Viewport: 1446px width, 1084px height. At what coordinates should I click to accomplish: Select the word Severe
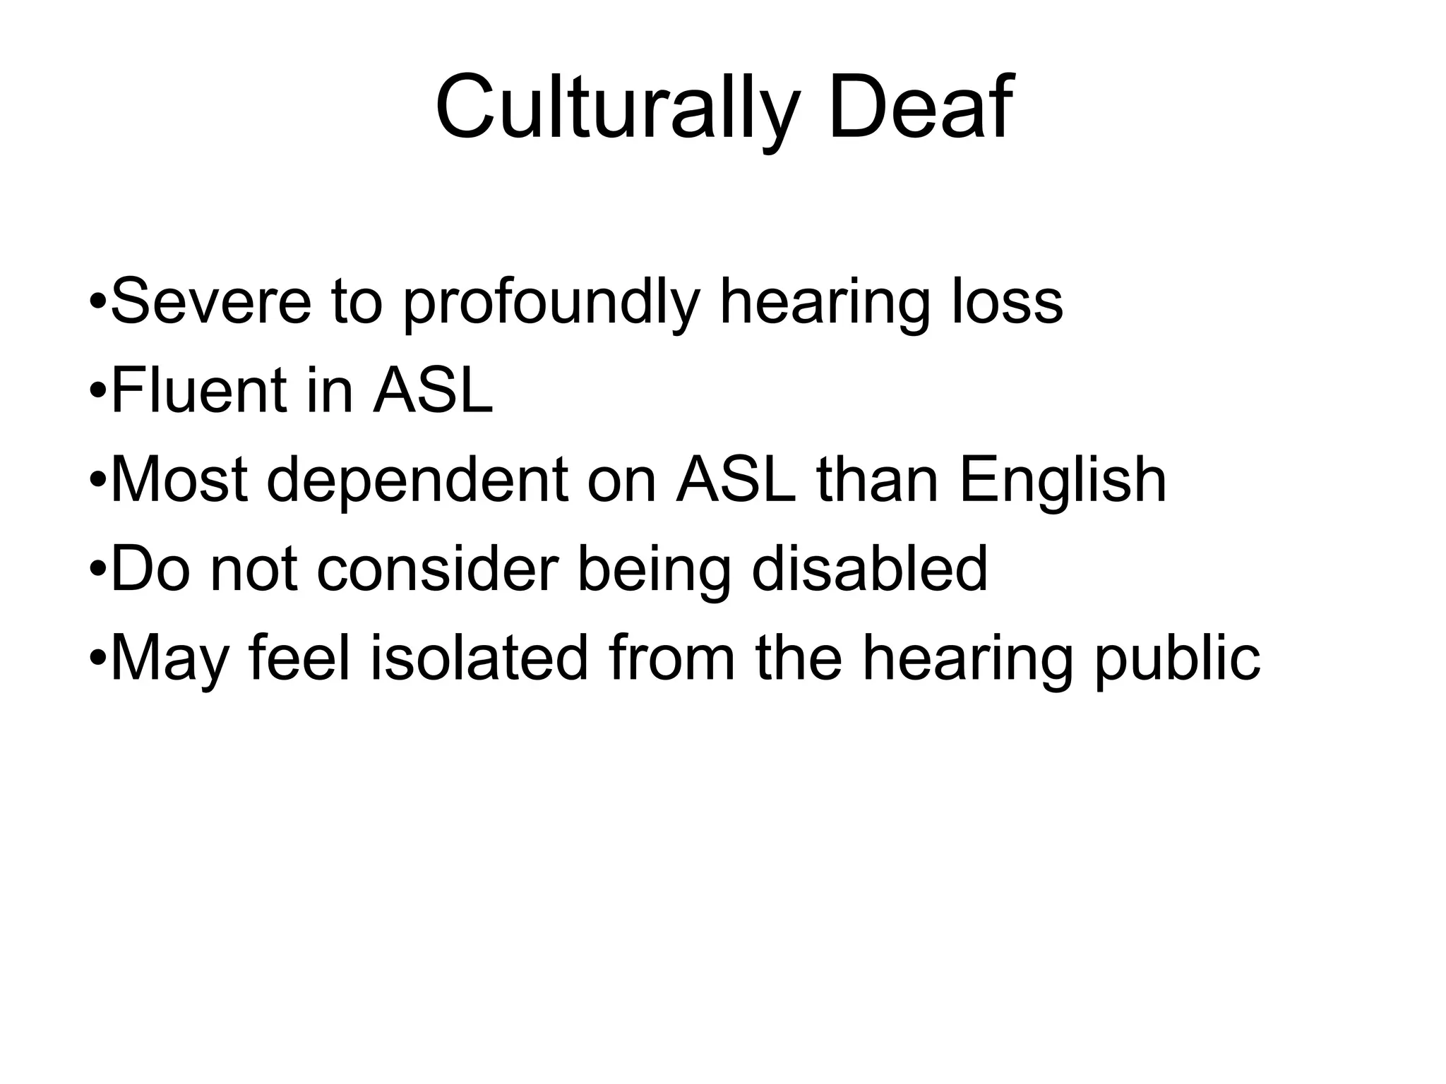[211, 302]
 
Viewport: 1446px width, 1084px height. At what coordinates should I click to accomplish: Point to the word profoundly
[551, 303]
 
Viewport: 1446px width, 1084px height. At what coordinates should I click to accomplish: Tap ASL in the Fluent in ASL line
[432, 391]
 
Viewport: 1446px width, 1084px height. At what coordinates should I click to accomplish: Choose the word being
[654, 570]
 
